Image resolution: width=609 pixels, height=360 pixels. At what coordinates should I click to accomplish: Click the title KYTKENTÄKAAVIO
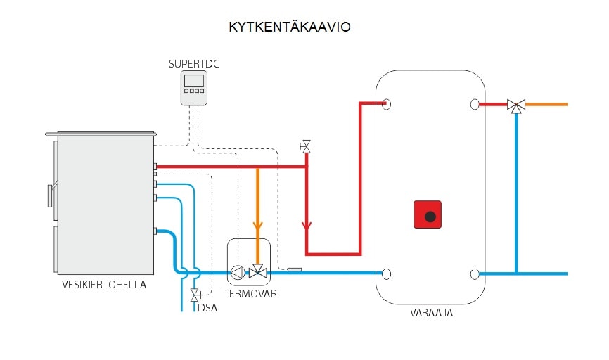(289, 27)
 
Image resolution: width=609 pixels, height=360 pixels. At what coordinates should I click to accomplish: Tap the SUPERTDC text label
(194, 64)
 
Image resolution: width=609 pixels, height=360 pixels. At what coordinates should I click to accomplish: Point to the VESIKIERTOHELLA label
(105, 285)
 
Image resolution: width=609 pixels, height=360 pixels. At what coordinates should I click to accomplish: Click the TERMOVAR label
(250, 293)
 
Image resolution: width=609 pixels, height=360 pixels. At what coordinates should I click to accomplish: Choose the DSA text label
(207, 307)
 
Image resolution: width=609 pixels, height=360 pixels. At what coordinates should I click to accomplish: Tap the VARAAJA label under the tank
(431, 313)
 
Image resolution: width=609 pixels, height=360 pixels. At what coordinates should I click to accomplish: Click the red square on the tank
(428, 214)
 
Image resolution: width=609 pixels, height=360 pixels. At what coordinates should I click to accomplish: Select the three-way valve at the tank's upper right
(516, 105)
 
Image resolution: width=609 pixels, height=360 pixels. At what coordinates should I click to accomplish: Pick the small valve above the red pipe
(306, 146)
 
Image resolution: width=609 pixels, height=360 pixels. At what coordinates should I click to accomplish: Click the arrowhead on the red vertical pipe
(306, 226)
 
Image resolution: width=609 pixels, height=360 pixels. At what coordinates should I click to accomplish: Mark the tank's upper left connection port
(386, 105)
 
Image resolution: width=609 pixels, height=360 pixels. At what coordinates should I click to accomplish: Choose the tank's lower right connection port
(475, 274)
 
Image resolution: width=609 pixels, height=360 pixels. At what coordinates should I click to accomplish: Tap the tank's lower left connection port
(386, 274)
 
